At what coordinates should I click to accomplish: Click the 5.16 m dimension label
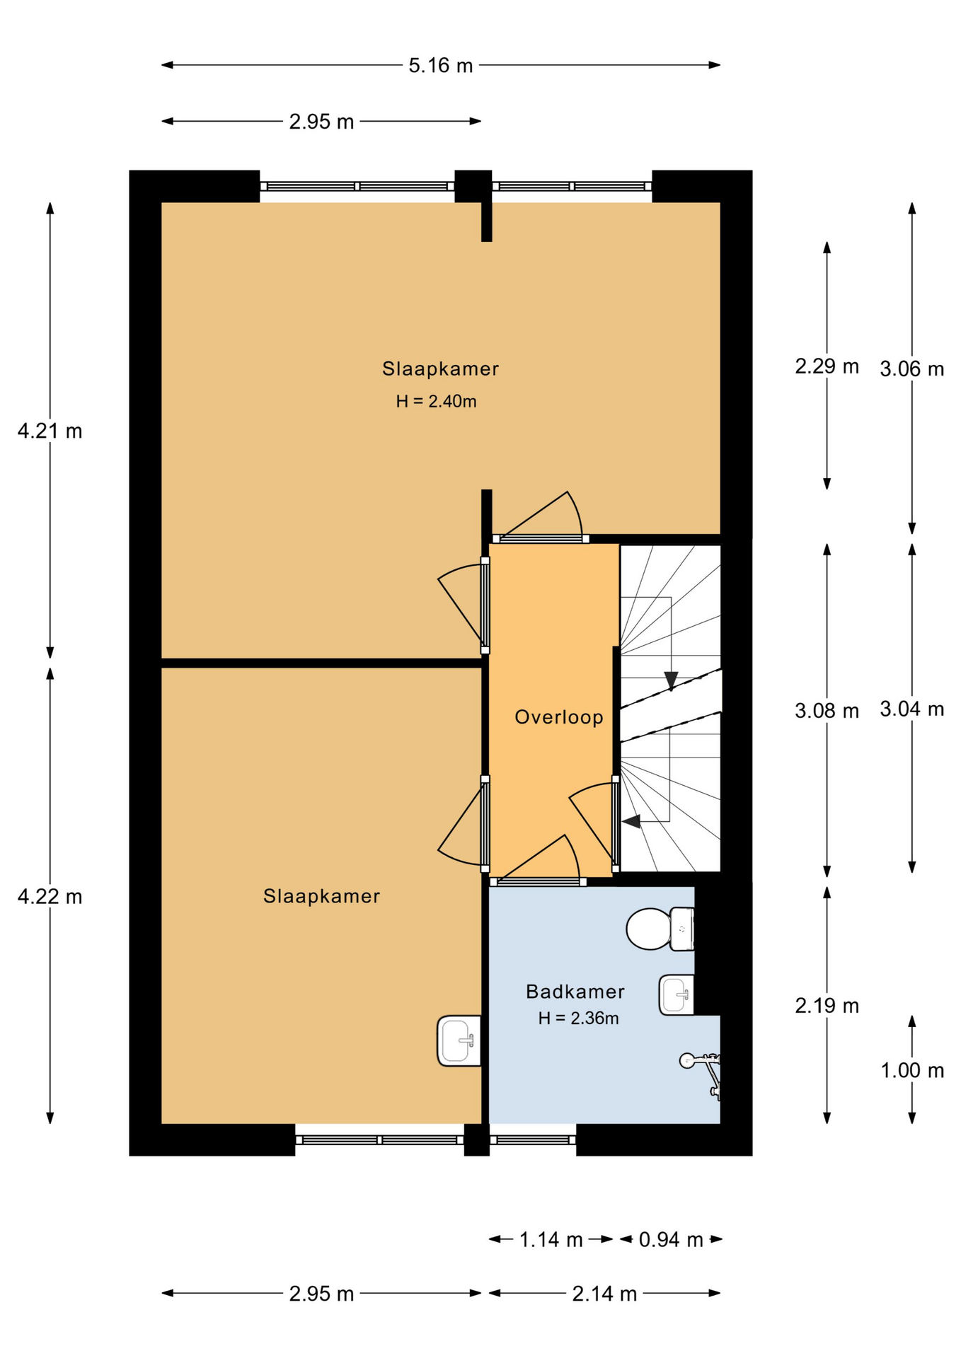click(440, 66)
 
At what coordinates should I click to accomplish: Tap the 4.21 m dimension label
click(50, 431)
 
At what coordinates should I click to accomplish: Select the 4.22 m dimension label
click(50, 897)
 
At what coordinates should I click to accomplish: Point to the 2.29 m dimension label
click(827, 366)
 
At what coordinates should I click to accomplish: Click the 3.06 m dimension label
click(911, 368)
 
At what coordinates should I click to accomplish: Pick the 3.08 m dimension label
click(827, 711)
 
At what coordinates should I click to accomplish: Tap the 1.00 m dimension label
click(911, 1071)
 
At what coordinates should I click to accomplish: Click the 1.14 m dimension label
click(551, 1239)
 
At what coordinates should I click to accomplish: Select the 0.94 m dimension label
click(671, 1239)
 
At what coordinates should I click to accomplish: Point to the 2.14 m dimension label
click(604, 1294)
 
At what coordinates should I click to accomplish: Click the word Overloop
click(559, 717)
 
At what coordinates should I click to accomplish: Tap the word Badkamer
click(575, 992)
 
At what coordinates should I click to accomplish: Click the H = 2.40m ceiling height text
click(436, 402)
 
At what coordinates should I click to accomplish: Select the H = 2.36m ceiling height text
click(578, 1018)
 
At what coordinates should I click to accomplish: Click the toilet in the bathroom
click(660, 929)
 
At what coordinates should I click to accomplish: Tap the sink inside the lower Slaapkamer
click(459, 1040)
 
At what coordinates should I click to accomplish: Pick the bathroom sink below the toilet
click(677, 995)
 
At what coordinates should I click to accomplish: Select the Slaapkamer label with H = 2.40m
click(440, 368)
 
